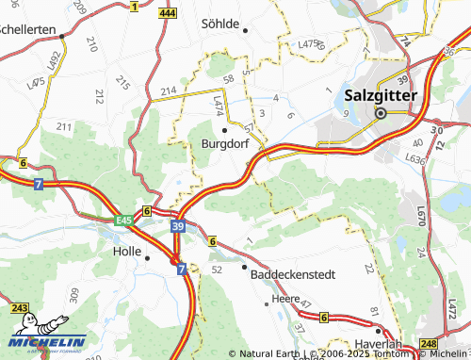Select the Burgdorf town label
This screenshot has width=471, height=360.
[224, 144]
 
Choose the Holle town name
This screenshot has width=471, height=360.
[125, 253]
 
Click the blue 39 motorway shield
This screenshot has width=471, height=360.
[178, 226]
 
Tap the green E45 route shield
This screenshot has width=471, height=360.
[123, 220]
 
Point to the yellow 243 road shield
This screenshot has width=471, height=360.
[20, 308]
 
